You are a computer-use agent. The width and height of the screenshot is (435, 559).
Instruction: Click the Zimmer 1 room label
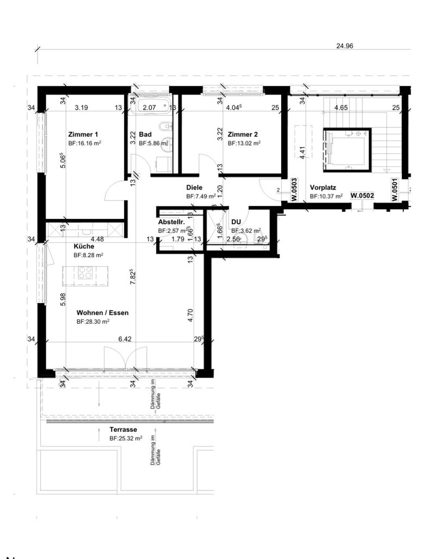[x=83, y=134]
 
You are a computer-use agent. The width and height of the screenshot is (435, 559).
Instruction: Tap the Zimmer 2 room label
[x=243, y=134]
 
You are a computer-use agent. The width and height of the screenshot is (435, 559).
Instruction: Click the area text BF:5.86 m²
[x=153, y=144]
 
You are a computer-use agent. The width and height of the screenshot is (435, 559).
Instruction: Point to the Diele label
[x=194, y=187]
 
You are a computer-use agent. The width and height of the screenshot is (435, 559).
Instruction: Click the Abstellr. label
[x=172, y=222]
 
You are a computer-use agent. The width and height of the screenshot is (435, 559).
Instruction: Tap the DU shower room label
[x=236, y=222]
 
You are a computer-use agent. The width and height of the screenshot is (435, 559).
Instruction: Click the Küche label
[x=84, y=246]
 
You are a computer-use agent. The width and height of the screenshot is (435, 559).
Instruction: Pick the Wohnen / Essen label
[x=103, y=313]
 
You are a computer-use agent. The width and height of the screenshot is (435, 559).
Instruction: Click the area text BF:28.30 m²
[x=93, y=322]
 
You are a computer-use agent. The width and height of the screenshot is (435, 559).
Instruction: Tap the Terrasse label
[x=123, y=429]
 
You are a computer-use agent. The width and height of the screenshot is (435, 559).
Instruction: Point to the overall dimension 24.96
[x=345, y=47]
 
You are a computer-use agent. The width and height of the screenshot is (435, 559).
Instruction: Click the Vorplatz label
[x=322, y=187]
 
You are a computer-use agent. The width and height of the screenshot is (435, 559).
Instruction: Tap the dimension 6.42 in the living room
[x=126, y=338]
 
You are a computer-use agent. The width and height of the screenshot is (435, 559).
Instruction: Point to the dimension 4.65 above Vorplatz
[x=341, y=108]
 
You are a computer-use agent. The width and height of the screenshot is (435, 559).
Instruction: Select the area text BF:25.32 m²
[x=126, y=438]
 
